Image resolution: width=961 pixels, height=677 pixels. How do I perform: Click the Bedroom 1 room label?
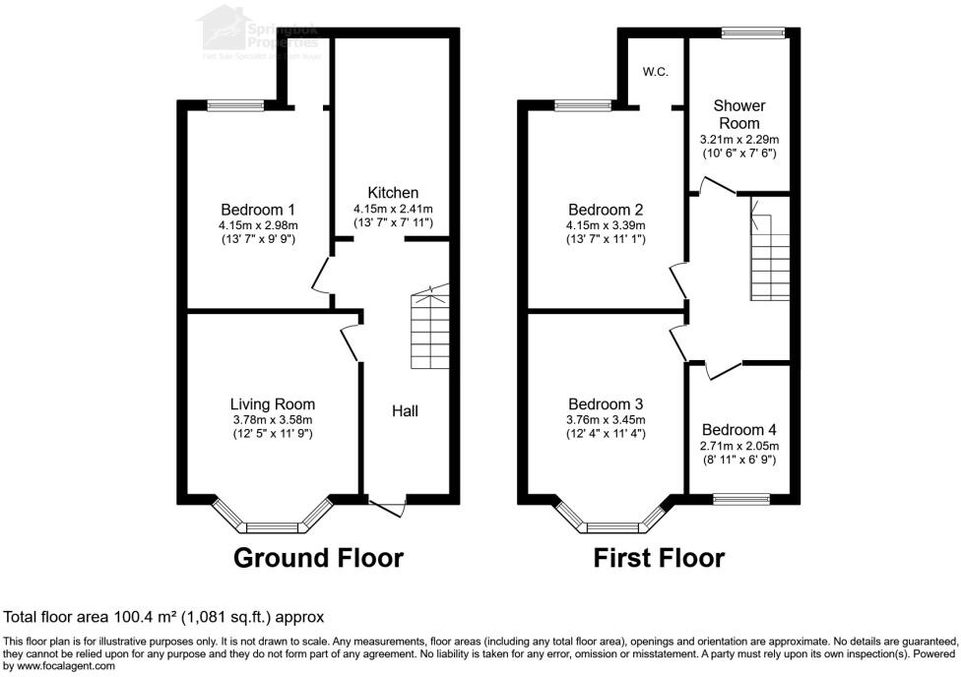[257, 210]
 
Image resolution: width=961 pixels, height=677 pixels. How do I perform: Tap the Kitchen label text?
[393, 193]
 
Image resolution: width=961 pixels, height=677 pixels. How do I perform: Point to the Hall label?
[405, 410]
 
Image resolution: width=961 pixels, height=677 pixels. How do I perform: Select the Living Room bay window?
[272, 518]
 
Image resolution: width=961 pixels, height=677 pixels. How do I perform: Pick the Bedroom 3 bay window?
[612, 518]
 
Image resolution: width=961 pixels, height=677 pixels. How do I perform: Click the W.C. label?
[656, 71]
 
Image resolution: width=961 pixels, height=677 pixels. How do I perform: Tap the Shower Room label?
[739, 114]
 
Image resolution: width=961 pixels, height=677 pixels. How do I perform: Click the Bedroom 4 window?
[740, 499]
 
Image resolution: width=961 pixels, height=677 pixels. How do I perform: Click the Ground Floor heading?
[318, 558]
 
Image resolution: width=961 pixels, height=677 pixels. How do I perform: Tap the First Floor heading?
[659, 558]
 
